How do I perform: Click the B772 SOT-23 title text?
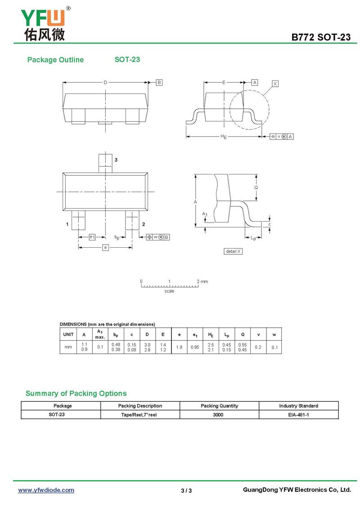coord(321,37)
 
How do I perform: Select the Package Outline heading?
coord(55,60)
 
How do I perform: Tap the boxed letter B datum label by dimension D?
coord(159,82)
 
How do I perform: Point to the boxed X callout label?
coord(275,84)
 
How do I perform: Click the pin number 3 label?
coord(116,160)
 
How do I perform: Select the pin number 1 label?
coord(67,224)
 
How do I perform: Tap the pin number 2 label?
coord(143,224)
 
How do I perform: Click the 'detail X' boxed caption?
coord(233,251)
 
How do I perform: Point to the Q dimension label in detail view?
coord(256,187)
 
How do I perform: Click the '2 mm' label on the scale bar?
coord(202,281)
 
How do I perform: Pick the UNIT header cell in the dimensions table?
coord(68,334)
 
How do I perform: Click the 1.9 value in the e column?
coord(179,347)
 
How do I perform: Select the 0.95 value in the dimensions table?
coord(194,347)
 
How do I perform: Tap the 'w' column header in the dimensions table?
coord(274,334)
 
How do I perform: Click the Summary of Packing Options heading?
coord(76,393)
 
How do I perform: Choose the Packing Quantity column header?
coord(219,406)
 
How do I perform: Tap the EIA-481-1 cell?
coord(298,414)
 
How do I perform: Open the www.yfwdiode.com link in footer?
coord(46,490)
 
